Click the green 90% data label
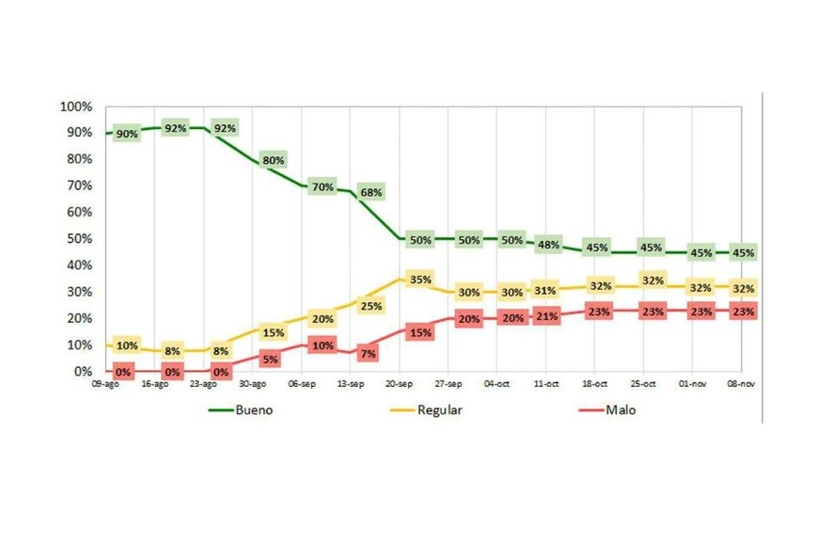click(127, 134)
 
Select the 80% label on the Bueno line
click(274, 160)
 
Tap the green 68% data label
click(371, 192)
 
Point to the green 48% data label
click(548, 245)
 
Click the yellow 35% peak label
click(420, 279)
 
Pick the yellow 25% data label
click(371, 305)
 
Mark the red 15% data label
click(420, 332)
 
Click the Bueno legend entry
click(244, 409)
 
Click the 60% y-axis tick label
click(78, 213)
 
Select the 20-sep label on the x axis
click(400, 385)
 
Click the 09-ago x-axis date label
click(105, 385)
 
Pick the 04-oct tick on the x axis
click(497, 385)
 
